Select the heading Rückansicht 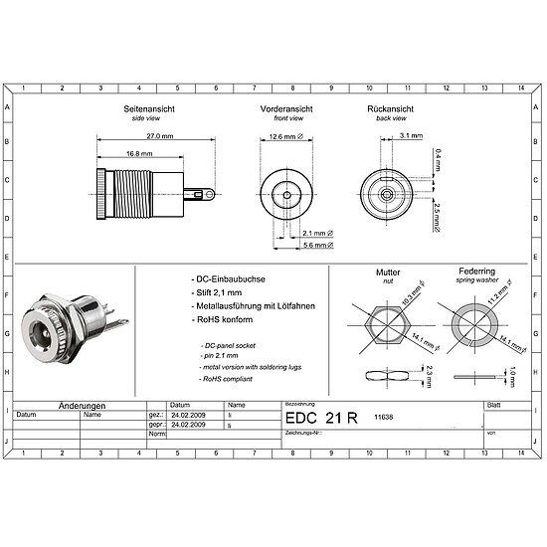click(391, 108)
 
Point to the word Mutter click(388, 272)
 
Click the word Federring click(476, 271)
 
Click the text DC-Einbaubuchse click(229, 281)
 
